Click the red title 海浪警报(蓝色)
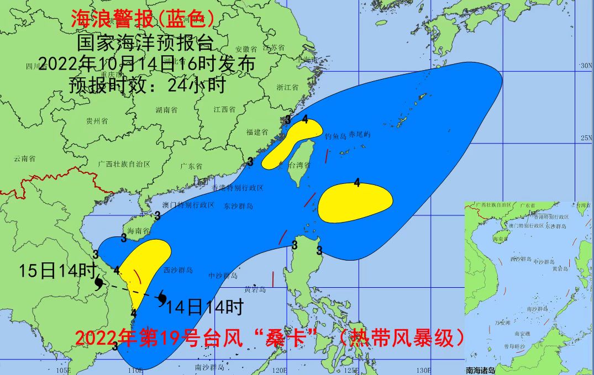143,19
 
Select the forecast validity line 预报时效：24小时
148,85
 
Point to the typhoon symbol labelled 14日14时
162,298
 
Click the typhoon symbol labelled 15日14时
99,283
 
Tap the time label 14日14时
205,307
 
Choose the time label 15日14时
57,271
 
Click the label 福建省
257,132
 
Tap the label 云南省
25,159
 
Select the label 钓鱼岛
335,135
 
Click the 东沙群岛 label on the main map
238,205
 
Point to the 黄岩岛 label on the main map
255,289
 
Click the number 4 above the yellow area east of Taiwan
357,182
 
